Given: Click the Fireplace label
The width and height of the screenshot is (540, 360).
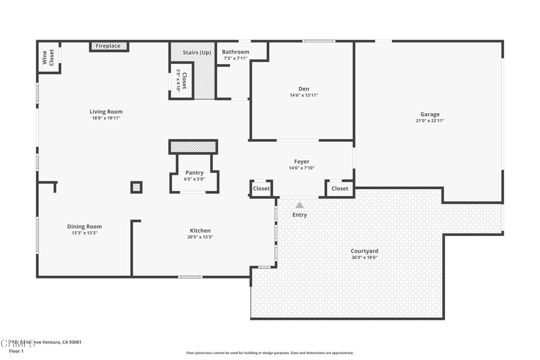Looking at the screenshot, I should point(108,46).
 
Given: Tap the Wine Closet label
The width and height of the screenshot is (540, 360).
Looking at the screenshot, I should point(48,57).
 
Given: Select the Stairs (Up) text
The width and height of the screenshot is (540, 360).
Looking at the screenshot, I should point(197,53).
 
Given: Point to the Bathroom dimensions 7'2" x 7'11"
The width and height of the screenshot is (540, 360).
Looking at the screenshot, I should point(235,59).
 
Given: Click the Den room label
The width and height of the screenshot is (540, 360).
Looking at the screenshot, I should point(304,89).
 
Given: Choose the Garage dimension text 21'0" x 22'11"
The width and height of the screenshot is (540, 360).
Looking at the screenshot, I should point(430,121).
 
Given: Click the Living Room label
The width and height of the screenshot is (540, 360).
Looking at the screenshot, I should point(106,112).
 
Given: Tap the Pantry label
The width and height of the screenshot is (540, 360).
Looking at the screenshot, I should point(194,173).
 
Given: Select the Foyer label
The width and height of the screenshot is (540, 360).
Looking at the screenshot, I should point(302,162).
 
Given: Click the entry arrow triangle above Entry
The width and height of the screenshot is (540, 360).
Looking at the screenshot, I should point(300,206).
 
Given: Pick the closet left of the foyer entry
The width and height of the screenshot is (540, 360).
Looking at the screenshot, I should point(261,188).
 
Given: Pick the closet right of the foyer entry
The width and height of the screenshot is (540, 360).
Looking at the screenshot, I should point(340,188).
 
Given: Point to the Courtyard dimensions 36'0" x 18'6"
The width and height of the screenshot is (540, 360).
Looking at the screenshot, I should point(364,258).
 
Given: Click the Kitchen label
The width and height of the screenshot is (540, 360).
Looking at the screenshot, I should point(200,230).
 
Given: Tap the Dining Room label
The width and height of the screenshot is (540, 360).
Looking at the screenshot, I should point(84,227).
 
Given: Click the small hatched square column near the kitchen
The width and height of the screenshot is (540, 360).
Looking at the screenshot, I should point(136,187).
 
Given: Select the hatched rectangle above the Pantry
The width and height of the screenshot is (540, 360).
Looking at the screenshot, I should point(193,147).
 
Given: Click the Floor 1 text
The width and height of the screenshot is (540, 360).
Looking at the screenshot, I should point(16,351).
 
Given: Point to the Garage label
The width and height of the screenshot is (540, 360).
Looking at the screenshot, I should point(430,114).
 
